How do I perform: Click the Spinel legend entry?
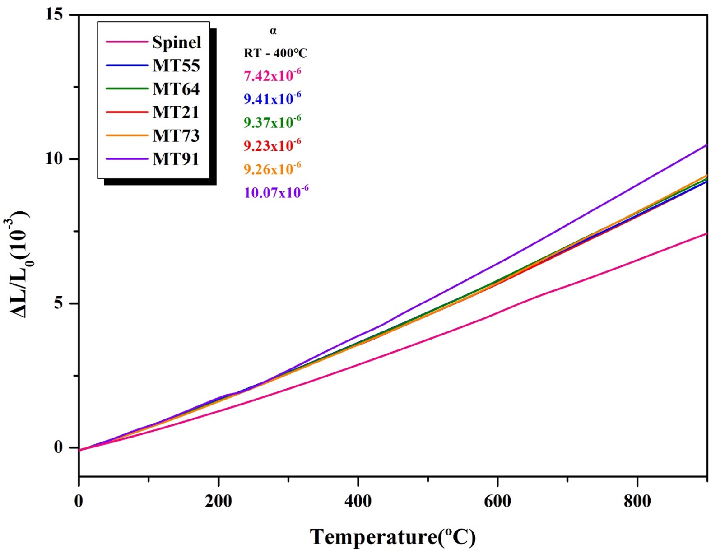(177, 42)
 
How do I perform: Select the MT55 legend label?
(176, 65)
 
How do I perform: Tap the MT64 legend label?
(176, 89)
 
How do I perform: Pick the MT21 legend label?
(176, 112)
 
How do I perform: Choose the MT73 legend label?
(176, 136)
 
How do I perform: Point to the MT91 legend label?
(176, 159)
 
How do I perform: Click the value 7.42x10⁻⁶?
(272, 75)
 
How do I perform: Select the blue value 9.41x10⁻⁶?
(272, 98)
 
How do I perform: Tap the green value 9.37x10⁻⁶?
(272, 122)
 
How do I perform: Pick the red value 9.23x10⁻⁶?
(272, 145)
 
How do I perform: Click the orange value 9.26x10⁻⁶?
(272, 169)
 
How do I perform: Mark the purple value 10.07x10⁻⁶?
(276, 192)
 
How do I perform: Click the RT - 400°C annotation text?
(275, 53)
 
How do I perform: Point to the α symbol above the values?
(273, 31)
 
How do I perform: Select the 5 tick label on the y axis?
(58, 303)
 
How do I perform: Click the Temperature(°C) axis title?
(392, 537)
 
